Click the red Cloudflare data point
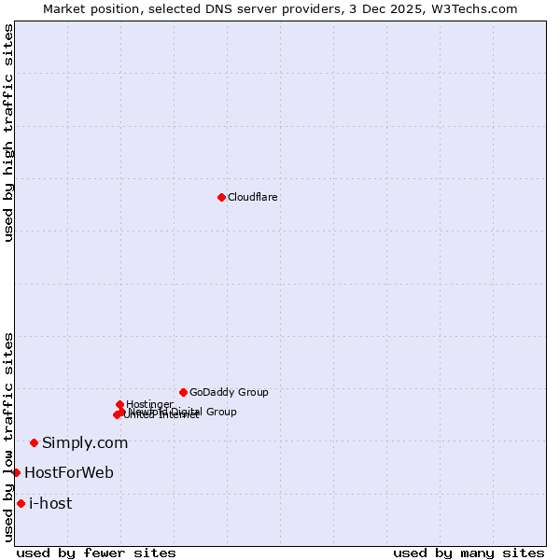pyautogui.click(x=221, y=197)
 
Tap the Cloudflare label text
pyautogui.click(x=252, y=198)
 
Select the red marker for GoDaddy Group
pyautogui.click(x=183, y=392)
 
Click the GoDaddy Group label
pyautogui.click(x=229, y=393)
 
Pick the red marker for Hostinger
pyautogui.click(x=120, y=404)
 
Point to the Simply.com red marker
pyautogui.click(x=35, y=442)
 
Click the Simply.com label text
pyautogui.click(x=85, y=443)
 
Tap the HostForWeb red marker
pyautogui.click(x=16, y=472)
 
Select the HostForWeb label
pyautogui.click(x=69, y=473)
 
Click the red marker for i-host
pyautogui.click(x=21, y=503)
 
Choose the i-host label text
pyautogui.click(x=50, y=504)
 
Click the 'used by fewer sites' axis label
pyautogui.click(x=96, y=553)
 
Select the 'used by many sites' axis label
pyautogui.click(x=469, y=553)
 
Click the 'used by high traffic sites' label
pyautogui.click(x=8, y=133)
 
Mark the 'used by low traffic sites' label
pyautogui.click(x=8, y=437)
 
